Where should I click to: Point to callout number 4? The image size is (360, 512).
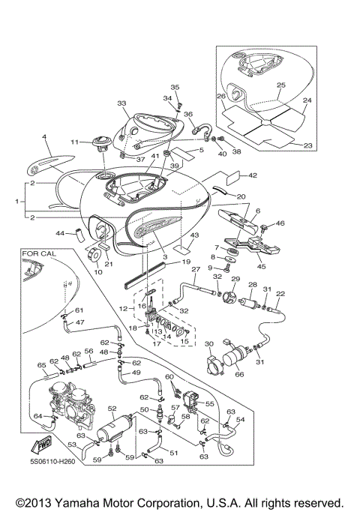44,137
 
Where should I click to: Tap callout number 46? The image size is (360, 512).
280,223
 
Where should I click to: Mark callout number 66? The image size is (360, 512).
239,375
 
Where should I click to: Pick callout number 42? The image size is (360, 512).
253,176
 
